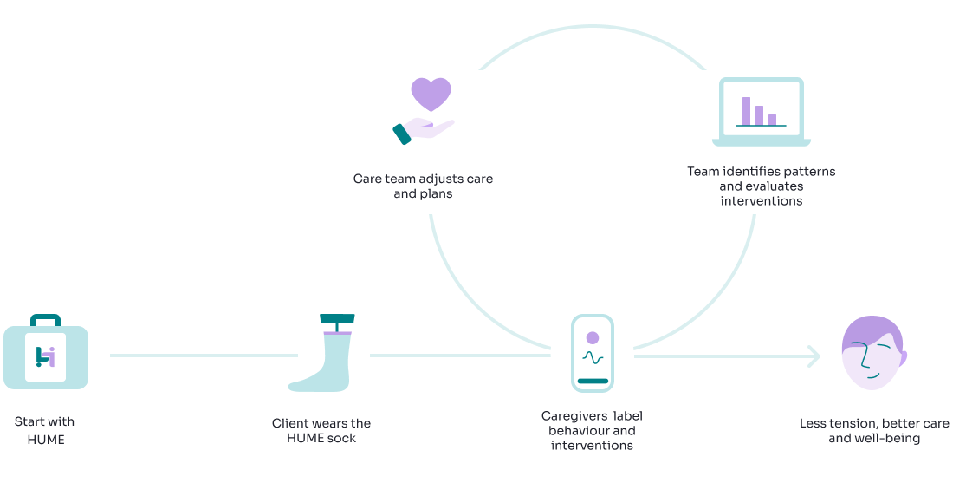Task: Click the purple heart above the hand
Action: pos(431,93)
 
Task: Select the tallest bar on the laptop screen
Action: pos(746,110)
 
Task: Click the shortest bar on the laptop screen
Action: pos(772,120)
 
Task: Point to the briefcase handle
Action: pos(45,319)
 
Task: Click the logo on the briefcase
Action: pos(45,356)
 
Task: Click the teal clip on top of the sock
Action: pos(337,319)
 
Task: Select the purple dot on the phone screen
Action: pos(593,337)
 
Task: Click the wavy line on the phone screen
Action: pos(593,356)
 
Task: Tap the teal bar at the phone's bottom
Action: pos(593,380)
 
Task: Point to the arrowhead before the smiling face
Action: pos(814,356)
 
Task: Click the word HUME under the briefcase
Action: pos(44,440)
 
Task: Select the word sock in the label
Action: pos(340,438)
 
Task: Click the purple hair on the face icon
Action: pos(871,330)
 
